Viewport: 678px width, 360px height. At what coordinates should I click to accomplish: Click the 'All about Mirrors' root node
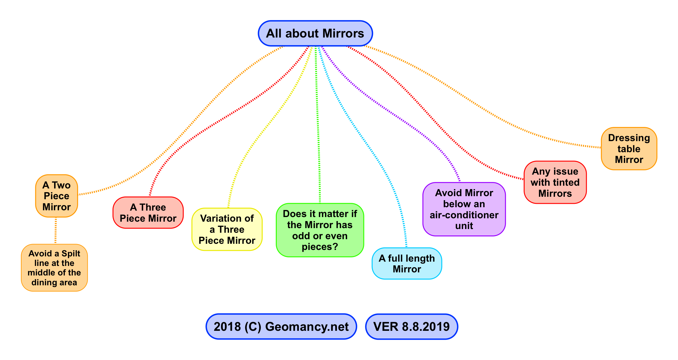pyautogui.click(x=315, y=34)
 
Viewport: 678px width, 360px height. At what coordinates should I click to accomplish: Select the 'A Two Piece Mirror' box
pyautogui.click(x=57, y=196)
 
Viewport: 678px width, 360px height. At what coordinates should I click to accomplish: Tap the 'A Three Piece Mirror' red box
pyautogui.click(x=148, y=213)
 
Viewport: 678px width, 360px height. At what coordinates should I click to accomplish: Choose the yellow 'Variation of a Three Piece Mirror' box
pyautogui.click(x=227, y=229)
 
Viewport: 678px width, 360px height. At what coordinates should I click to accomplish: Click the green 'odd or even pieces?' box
pyautogui.click(x=320, y=230)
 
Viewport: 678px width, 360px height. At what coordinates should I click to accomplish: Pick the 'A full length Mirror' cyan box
pyautogui.click(x=406, y=263)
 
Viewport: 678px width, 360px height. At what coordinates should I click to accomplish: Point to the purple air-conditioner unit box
pyautogui.click(x=464, y=209)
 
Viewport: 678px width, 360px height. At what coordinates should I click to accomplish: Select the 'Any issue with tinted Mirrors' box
pyautogui.click(x=555, y=182)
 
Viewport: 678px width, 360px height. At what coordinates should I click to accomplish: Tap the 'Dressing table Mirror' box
pyautogui.click(x=629, y=149)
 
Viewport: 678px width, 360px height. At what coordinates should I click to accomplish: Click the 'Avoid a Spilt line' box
pyautogui.click(x=54, y=268)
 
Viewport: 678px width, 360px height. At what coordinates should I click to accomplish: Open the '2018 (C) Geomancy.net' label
pyautogui.click(x=281, y=326)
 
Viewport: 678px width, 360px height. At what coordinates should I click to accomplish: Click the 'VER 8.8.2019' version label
pyautogui.click(x=411, y=326)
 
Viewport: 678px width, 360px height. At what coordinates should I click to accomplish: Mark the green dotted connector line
pyautogui.click(x=318, y=123)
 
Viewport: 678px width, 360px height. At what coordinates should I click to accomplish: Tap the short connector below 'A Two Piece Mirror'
pyautogui.click(x=56, y=231)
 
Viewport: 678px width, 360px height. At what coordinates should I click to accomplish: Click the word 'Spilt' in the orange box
pyautogui.click(x=71, y=254)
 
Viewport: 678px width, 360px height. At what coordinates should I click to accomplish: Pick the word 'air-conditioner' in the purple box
pyautogui.click(x=464, y=215)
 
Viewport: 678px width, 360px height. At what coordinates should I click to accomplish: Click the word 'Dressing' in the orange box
pyautogui.click(x=629, y=138)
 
